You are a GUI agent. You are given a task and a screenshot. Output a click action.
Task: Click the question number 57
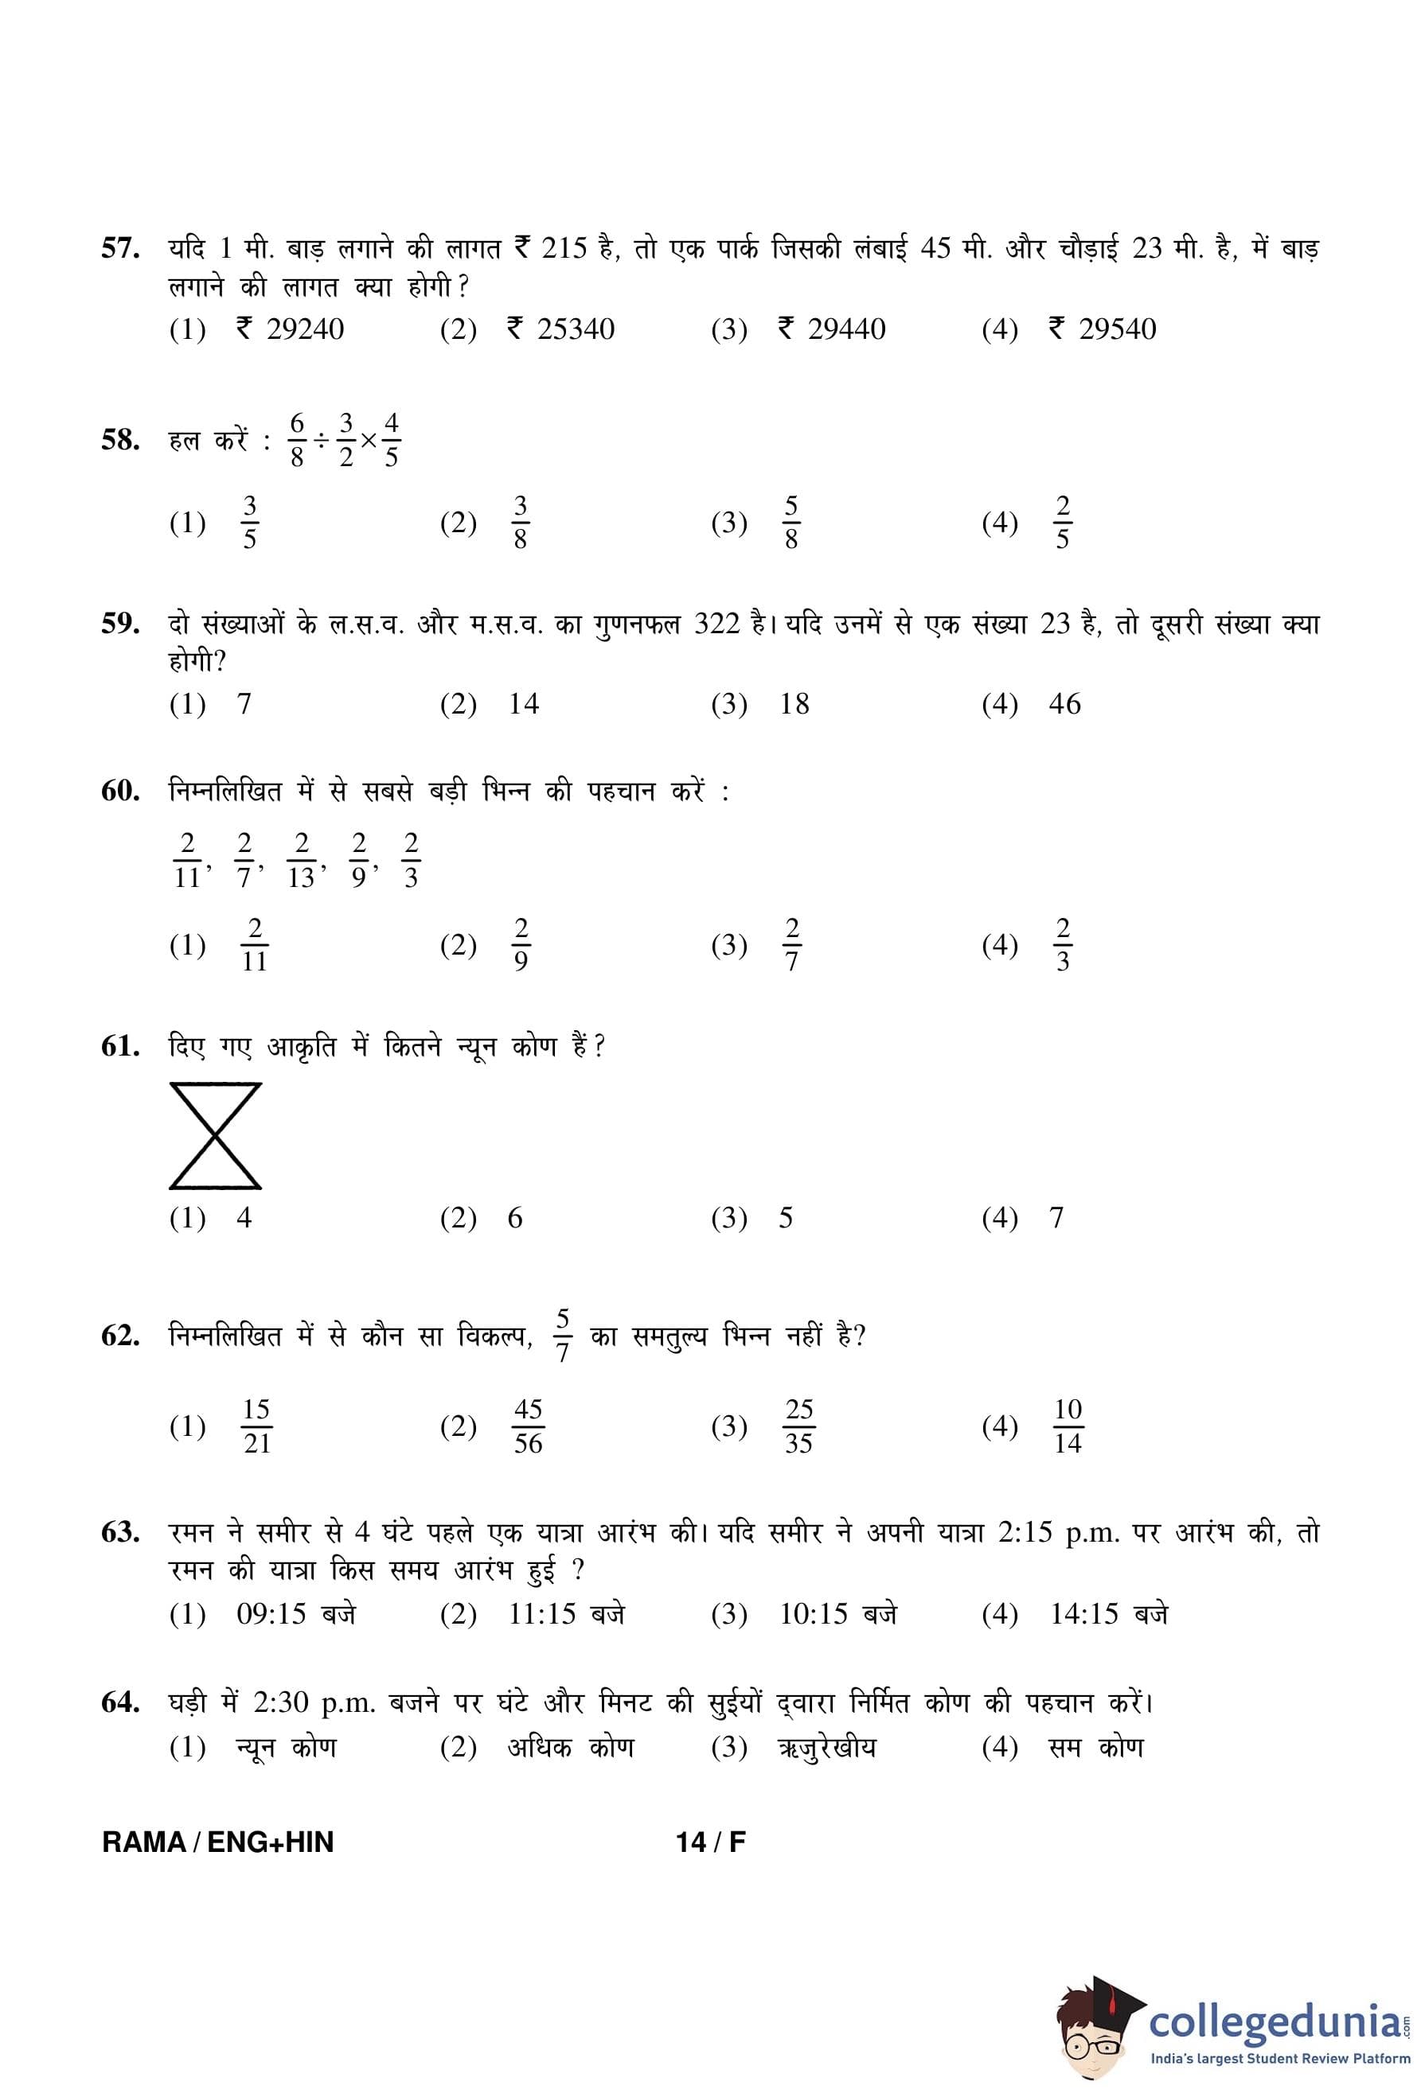[x=119, y=248]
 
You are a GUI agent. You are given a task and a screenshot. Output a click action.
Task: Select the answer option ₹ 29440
[x=831, y=330]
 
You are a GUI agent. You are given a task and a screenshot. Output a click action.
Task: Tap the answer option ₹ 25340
[x=560, y=330]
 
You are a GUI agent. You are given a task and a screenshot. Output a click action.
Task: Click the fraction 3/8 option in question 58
[x=520, y=522]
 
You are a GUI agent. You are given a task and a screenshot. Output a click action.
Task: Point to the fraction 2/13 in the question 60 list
[x=301, y=860]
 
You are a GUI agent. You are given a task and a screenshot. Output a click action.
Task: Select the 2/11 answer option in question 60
[x=255, y=945]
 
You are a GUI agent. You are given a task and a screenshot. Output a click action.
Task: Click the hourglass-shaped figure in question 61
[x=215, y=1136]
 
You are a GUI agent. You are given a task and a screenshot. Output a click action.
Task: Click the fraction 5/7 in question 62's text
[x=562, y=1336]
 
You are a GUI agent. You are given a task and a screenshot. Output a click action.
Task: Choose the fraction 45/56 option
[x=528, y=1426]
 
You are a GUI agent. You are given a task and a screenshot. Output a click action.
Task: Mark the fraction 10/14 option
[x=1068, y=1426]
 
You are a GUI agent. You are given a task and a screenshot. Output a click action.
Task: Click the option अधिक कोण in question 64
[x=570, y=1748]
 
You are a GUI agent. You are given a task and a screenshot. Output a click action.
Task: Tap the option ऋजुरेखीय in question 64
[x=826, y=1748]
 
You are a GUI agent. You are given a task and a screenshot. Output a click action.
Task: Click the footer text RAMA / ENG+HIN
[x=217, y=1842]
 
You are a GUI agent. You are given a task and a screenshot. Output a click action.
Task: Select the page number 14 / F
[x=710, y=1842]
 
